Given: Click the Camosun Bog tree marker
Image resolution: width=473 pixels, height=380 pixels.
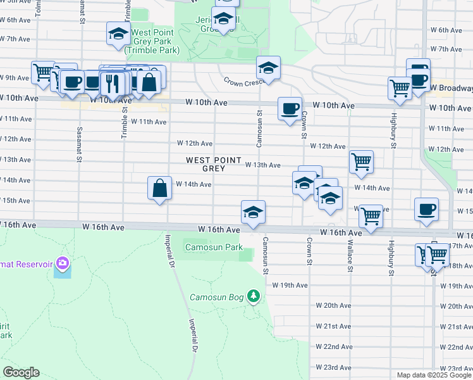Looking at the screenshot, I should point(254,296).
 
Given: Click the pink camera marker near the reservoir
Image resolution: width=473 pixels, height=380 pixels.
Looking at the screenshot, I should point(62,262).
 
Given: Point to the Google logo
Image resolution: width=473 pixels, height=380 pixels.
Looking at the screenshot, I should point(21,372).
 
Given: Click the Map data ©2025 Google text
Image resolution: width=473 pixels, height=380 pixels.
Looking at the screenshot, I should point(434,375).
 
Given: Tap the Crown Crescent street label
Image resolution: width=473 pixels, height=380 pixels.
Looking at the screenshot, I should point(243,82).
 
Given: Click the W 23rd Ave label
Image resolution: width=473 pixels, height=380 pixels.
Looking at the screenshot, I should point(333,367).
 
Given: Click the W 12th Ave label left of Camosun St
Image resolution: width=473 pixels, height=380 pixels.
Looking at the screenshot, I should point(194,144).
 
